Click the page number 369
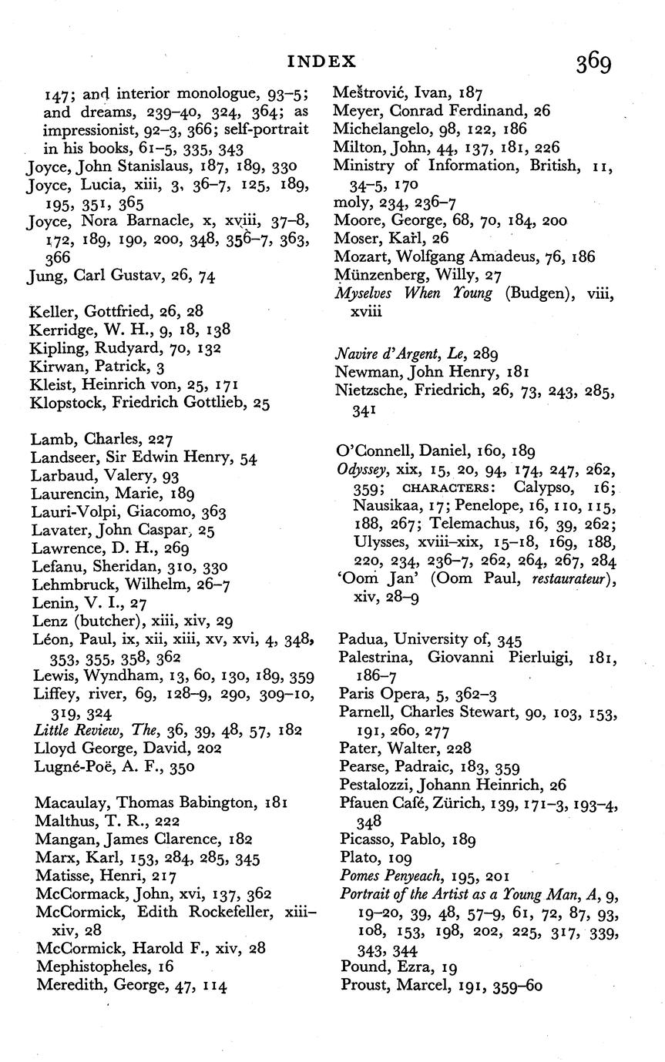click(x=593, y=62)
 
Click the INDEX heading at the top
click(x=322, y=61)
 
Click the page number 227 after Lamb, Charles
click(x=160, y=439)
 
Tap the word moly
click(x=349, y=202)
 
